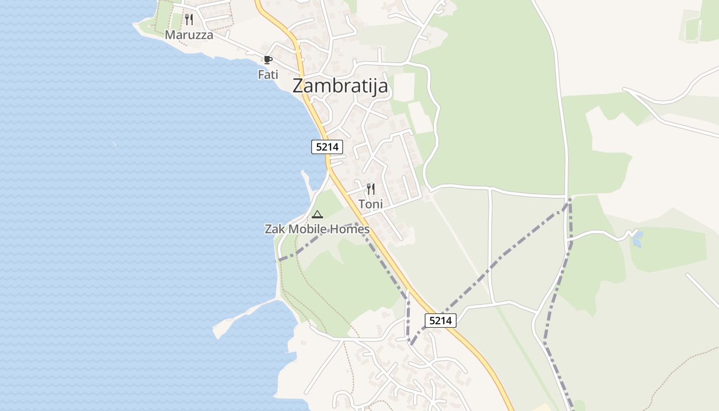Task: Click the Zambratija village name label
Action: coord(340,86)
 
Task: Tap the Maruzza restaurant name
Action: coord(189,35)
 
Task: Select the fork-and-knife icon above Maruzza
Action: coord(189,20)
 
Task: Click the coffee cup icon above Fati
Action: coord(268,60)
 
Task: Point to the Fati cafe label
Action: coord(268,74)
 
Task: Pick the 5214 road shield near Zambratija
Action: coord(327,147)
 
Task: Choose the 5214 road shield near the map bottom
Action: coord(441,321)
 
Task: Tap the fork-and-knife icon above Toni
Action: coord(371,189)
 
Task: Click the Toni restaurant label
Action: coord(371,204)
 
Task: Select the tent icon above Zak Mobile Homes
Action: coord(317,214)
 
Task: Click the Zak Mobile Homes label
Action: coord(317,229)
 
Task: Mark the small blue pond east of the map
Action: coord(637,239)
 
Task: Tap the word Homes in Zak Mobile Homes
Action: coord(352,229)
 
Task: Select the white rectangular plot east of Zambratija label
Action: coord(404,87)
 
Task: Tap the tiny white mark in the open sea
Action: coord(114,144)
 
